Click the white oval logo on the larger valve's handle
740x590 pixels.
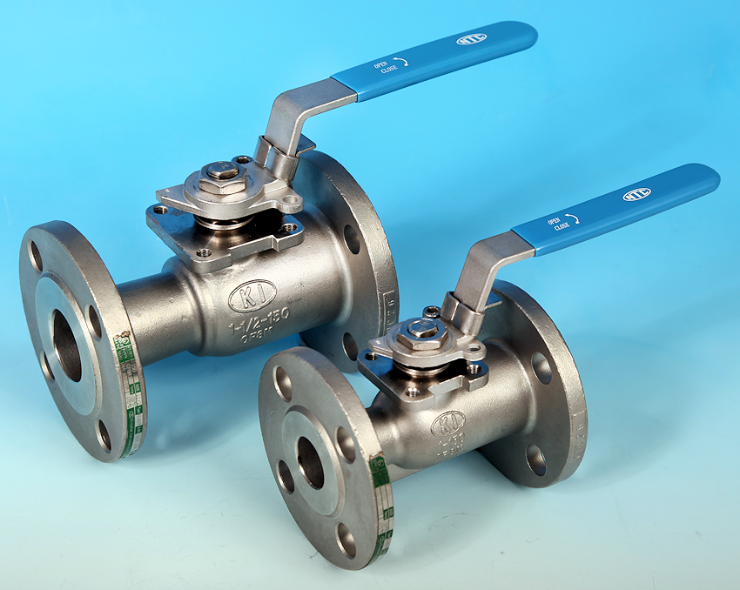[472, 39]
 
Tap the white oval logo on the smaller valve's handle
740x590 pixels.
[636, 194]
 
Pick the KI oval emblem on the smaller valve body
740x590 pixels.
[447, 424]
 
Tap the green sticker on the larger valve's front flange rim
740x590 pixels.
[127, 396]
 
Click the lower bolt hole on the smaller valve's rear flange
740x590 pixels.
[537, 459]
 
